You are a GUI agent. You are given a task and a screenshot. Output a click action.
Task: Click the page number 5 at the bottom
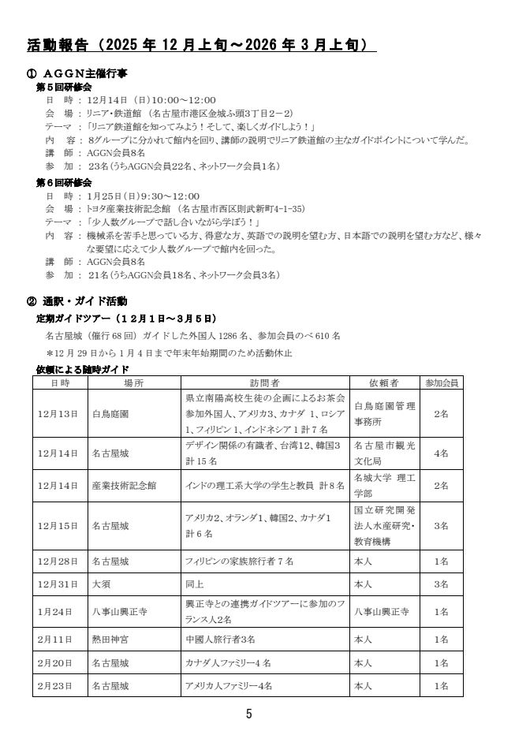[x=249, y=714]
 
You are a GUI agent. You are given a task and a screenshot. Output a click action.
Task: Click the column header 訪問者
[x=263, y=382]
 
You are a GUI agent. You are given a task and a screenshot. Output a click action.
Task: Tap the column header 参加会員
[x=442, y=382]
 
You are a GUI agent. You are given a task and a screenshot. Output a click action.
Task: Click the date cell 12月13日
[x=58, y=412]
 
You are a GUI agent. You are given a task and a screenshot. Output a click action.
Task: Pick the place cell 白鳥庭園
[x=110, y=412]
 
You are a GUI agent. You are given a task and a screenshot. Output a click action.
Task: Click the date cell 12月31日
[x=58, y=584]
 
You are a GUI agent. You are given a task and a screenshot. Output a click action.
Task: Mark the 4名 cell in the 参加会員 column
[x=442, y=453]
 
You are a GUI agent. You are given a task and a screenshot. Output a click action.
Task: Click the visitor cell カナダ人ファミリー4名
[x=227, y=662]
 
